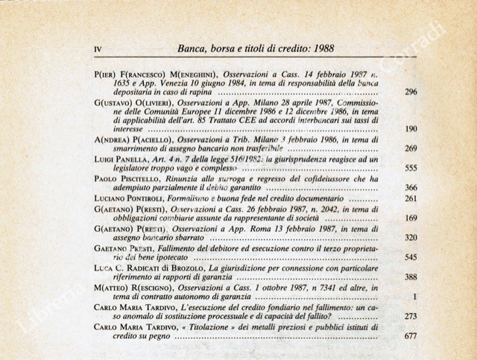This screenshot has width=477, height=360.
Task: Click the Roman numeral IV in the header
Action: coord(98,50)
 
